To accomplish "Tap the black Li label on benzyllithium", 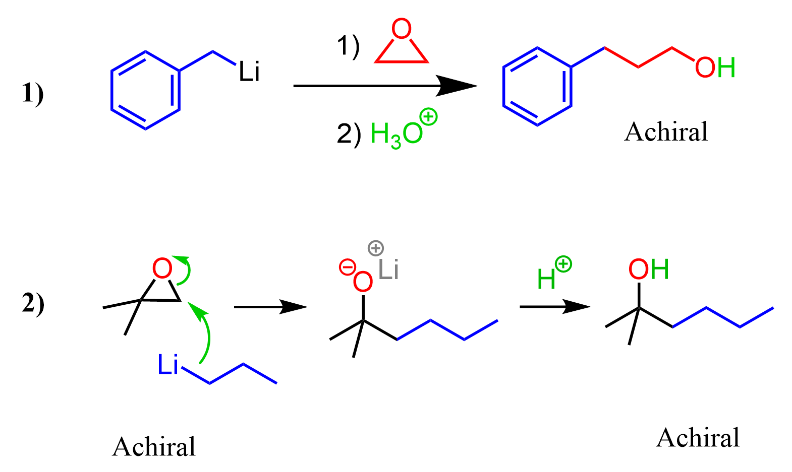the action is click(249, 72).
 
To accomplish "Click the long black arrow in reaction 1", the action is click(385, 86).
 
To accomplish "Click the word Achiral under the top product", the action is click(666, 131).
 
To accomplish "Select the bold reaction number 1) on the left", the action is click(33, 93).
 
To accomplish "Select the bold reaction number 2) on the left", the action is click(33, 303).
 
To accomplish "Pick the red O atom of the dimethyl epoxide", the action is click(162, 268).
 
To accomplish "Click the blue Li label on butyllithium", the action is click(167, 364).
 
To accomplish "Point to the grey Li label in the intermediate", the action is click(388, 269).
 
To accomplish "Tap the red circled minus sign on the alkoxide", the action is click(348, 267).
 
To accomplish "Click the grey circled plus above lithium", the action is click(376, 248).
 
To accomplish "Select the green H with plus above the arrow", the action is click(554, 273).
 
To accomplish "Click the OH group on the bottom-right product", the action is click(649, 269).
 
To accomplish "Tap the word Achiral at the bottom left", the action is click(154, 447).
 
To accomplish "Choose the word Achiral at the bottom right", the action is click(698, 438).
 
